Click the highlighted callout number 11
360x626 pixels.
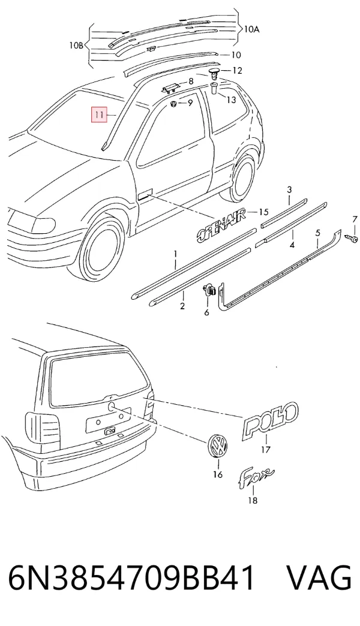(x=100, y=115)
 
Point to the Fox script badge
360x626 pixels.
(x=256, y=475)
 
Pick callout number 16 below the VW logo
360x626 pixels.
(x=218, y=474)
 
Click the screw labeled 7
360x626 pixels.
(x=353, y=237)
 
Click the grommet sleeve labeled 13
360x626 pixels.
(x=214, y=88)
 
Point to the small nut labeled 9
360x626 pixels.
(x=174, y=104)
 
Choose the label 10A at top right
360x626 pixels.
(x=252, y=29)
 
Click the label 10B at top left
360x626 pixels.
(x=76, y=46)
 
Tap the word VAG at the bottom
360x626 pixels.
(x=319, y=577)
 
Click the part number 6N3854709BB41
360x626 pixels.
(x=132, y=577)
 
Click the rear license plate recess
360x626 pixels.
(x=108, y=419)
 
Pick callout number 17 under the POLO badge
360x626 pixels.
(x=265, y=450)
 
